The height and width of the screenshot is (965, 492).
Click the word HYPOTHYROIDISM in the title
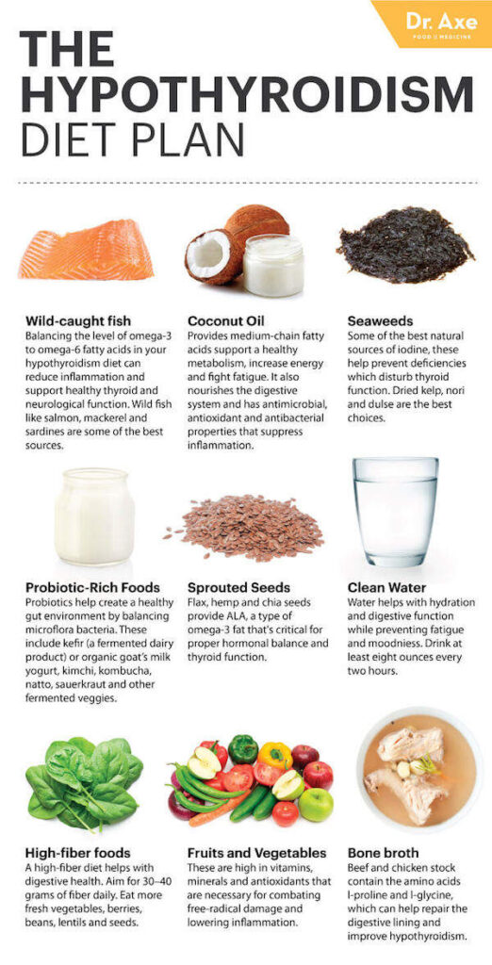click(246, 94)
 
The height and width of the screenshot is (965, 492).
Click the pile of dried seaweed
click(405, 245)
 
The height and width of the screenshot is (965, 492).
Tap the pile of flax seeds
click(247, 526)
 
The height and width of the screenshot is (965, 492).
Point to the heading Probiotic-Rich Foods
click(92, 587)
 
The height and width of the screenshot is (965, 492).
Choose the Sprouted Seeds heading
click(238, 587)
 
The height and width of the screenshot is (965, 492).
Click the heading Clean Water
click(386, 587)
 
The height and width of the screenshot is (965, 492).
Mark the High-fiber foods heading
click(78, 853)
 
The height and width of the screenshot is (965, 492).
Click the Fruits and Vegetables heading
click(256, 853)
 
